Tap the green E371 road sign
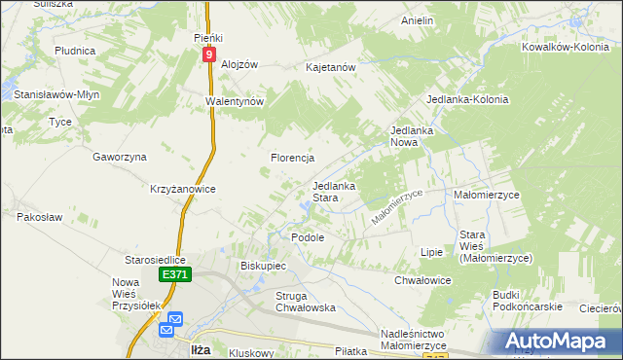coord(175,276)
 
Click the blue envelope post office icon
coord(175,320)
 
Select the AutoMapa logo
coord(558,341)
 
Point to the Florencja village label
coord(291,158)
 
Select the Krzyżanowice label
coord(182,189)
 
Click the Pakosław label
coord(39,217)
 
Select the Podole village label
coord(308,236)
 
